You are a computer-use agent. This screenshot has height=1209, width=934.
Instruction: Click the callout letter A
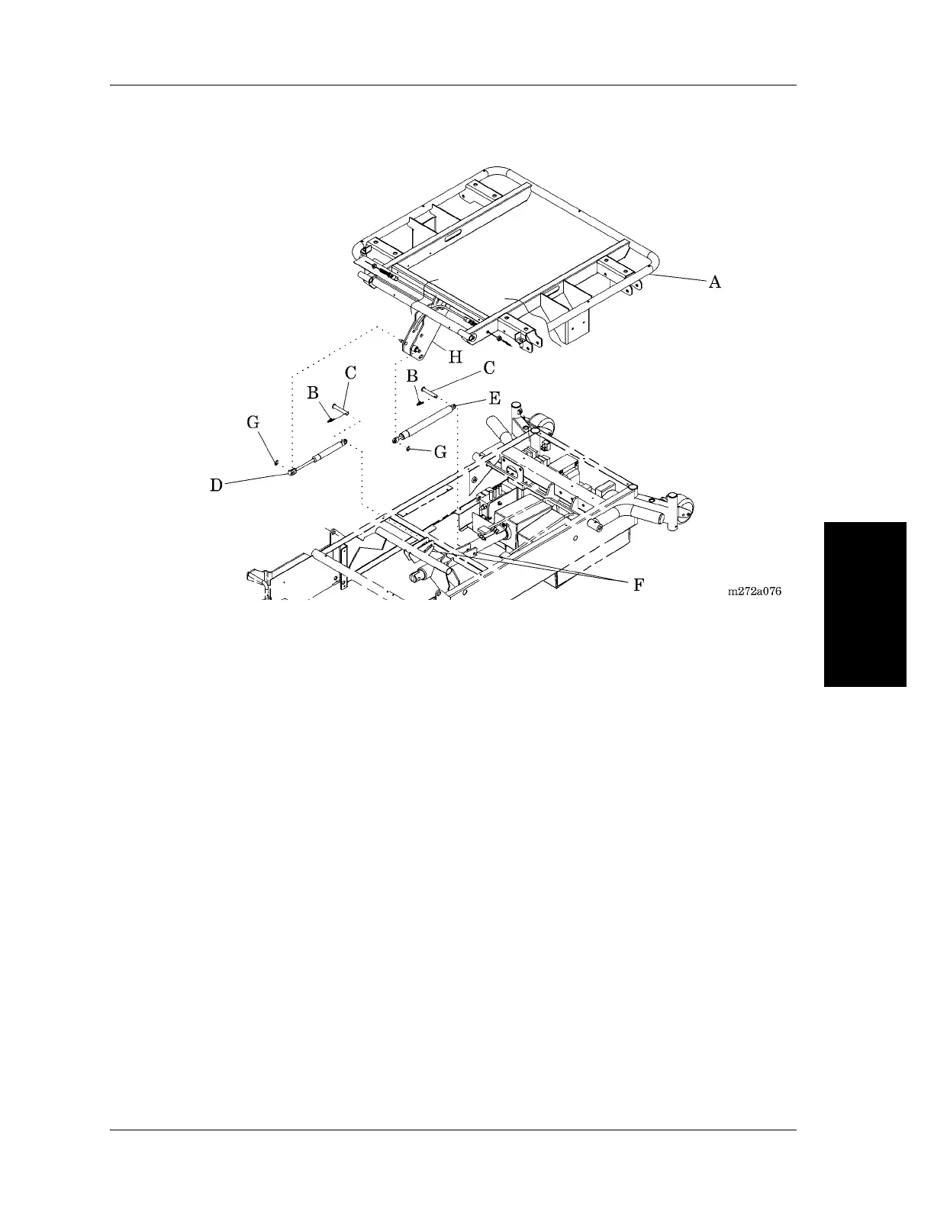coord(714,282)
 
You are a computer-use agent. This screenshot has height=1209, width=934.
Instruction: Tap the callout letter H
coord(455,356)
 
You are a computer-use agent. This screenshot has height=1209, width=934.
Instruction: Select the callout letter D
coord(217,485)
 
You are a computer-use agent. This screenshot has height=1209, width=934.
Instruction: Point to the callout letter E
coord(494,398)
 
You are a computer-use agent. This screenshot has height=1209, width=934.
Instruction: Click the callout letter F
coord(639,585)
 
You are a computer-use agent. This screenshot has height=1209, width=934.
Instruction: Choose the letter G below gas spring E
coord(440,452)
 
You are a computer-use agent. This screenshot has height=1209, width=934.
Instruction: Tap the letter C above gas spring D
coord(350,372)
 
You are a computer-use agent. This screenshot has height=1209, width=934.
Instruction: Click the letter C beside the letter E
coord(489,368)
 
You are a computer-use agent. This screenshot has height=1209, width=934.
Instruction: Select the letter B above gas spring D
coord(313,393)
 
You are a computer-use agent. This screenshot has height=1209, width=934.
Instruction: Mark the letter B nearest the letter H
coord(412,376)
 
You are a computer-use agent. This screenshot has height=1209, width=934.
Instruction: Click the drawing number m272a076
coord(754,591)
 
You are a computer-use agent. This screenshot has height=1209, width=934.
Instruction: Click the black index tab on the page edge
coord(865,604)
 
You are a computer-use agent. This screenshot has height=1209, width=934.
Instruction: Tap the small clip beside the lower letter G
coord(409,449)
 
